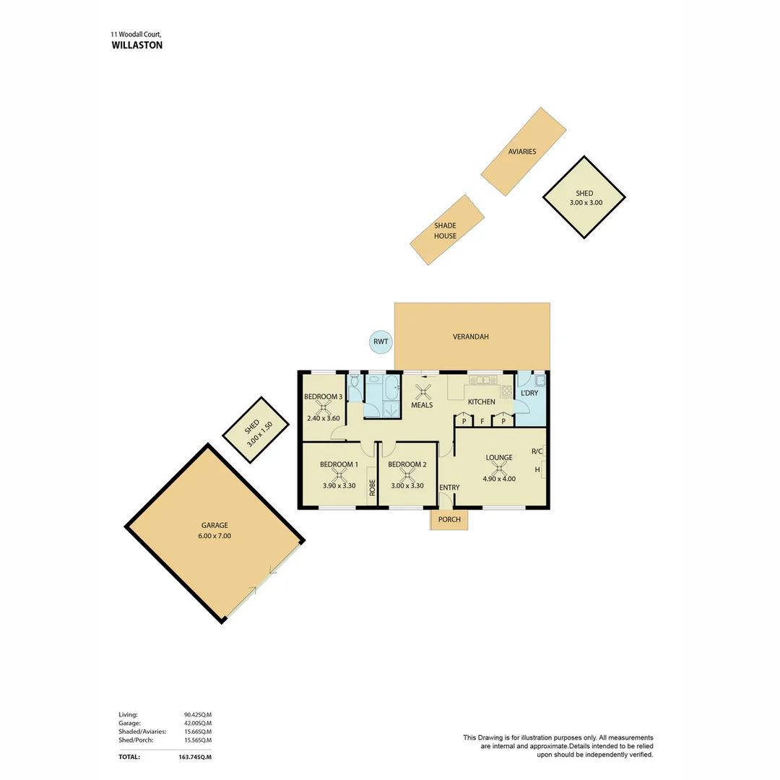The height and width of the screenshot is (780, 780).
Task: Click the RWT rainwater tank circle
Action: point(381,342)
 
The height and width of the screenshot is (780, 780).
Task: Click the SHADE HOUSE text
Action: point(445,231)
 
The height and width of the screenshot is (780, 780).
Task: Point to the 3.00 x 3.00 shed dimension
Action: point(584,203)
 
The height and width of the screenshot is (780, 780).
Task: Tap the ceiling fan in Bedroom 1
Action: point(339,475)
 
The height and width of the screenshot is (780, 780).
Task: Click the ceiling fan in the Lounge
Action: point(499,468)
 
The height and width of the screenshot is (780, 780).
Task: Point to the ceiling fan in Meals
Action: point(422,391)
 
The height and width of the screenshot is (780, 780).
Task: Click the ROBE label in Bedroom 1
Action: point(372,487)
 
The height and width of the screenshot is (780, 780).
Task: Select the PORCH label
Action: point(449,519)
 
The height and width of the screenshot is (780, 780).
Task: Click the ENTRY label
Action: point(449,487)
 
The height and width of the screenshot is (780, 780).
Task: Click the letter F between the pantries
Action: point(482,421)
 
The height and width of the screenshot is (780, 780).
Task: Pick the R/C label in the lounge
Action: point(537,451)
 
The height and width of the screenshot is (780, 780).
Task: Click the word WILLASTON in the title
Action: point(137,45)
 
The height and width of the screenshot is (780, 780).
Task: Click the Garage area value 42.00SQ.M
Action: point(197,723)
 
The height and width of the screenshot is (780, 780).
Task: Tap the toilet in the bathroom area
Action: point(354,389)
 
